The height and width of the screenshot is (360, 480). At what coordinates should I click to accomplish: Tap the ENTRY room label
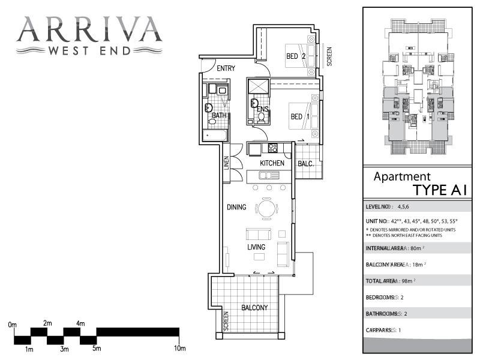click(226, 68)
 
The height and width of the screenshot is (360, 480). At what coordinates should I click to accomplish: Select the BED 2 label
click(296, 56)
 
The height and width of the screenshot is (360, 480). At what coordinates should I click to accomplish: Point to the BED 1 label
click(300, 116)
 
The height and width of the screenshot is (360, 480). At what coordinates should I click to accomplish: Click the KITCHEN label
click(272, 163)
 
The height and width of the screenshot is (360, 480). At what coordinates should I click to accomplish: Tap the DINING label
click(236, 208)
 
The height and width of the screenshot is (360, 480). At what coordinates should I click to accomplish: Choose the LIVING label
click(256, 247)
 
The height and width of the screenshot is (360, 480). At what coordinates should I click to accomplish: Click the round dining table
click(268, 208)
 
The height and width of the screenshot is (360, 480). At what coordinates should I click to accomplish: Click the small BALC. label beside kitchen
click(306, 163)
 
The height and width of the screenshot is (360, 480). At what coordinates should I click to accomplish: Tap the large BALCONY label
click(254, 308)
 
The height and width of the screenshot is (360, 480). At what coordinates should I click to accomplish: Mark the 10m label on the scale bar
click(180, 349)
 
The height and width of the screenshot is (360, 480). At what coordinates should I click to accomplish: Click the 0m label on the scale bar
click(13, 325)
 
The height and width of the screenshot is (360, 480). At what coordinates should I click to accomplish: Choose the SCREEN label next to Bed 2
click(329, 56)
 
